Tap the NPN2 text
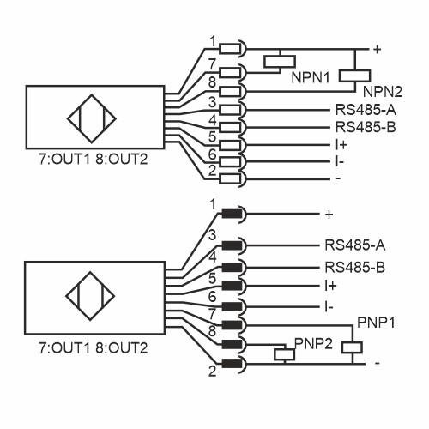[x=383, y=91]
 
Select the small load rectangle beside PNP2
[x=281, y=353]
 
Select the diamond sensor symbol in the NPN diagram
[x=91, y=125]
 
